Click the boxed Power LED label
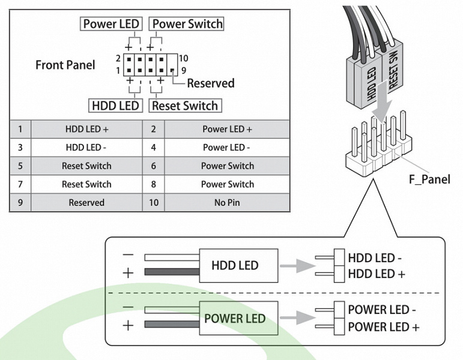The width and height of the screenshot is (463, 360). coord(111,24)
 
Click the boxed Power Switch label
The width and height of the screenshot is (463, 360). coord(187,24)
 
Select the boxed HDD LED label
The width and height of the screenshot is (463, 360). coord(115,106)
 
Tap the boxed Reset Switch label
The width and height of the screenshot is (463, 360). coord(185,106)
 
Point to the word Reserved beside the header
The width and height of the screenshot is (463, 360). coord(211,83)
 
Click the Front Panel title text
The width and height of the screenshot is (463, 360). coord(65,65)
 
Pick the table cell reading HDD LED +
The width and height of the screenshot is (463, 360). coord(86,129)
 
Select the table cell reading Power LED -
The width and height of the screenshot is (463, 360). coord(227,148)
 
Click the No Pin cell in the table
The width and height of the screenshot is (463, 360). coord(227,203)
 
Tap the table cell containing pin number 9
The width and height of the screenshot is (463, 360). coord(20,203)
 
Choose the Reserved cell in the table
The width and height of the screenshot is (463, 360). coord(86,203)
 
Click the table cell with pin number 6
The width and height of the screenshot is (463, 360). coord(154,166)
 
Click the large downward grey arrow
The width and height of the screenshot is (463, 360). coord(379,111)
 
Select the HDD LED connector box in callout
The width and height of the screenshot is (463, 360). coord(235,265)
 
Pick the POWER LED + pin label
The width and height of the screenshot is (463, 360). coord(384,327)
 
